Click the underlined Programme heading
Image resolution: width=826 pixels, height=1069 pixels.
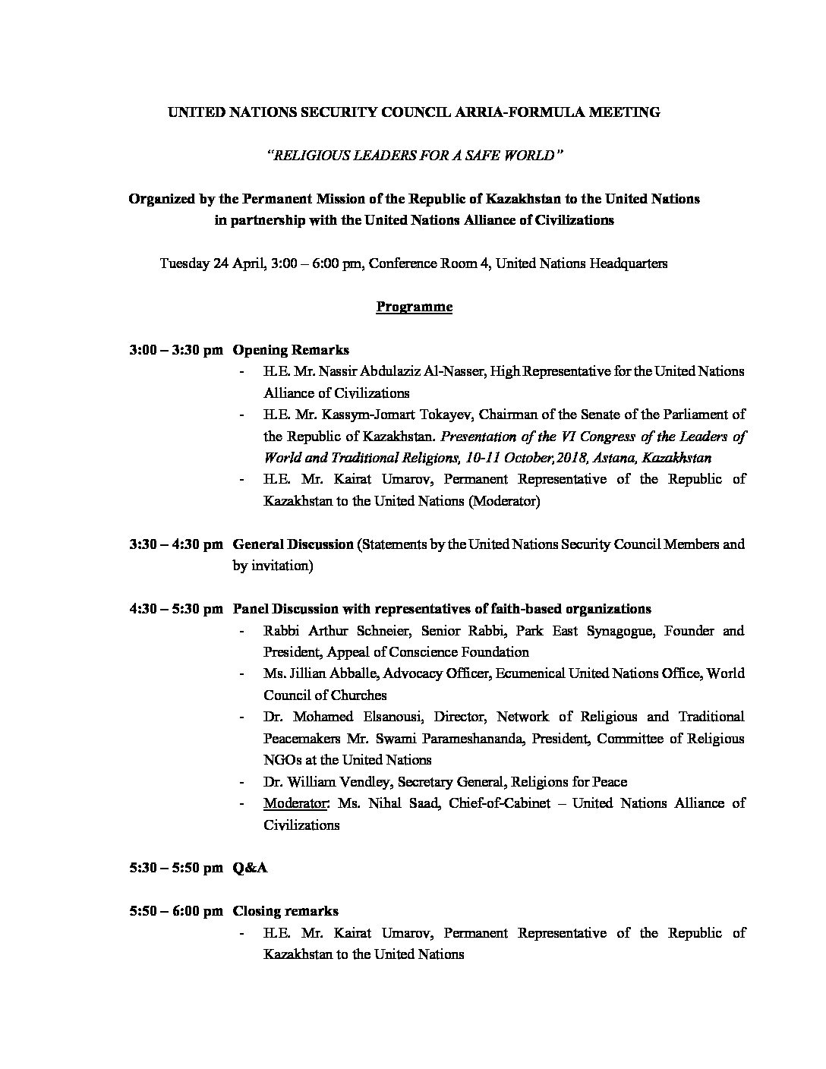[414, 307]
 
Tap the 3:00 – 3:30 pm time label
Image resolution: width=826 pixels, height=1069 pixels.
[176, 350]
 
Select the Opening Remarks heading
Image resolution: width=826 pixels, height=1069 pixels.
[291, 350]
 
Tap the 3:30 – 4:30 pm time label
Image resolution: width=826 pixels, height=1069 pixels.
[176, 544]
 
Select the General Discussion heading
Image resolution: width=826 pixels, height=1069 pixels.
[293, 544]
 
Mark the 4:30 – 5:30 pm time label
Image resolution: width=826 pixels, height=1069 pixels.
[176, 609]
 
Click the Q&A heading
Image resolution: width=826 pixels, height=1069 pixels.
[250, 868]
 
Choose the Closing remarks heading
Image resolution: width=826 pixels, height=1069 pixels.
[285, 911]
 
